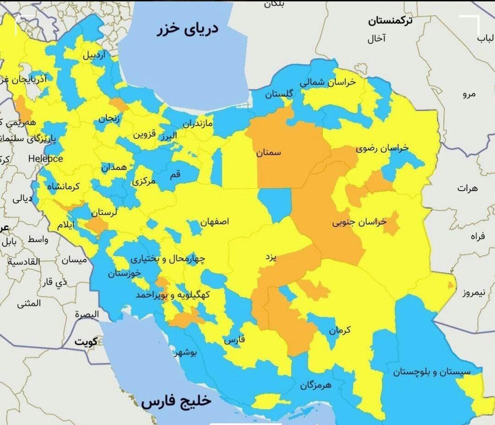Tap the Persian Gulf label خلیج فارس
(176, 401)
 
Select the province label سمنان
(269, 152)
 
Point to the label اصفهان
(214, 222)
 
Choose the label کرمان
(340, 330)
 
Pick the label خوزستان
(124, 274)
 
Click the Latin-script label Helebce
(45, 159)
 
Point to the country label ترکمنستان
(390, 21)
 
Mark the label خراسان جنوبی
(359, 223)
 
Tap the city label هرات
(467, 188)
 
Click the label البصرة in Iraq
(87, 315)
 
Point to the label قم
(176, 174)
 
